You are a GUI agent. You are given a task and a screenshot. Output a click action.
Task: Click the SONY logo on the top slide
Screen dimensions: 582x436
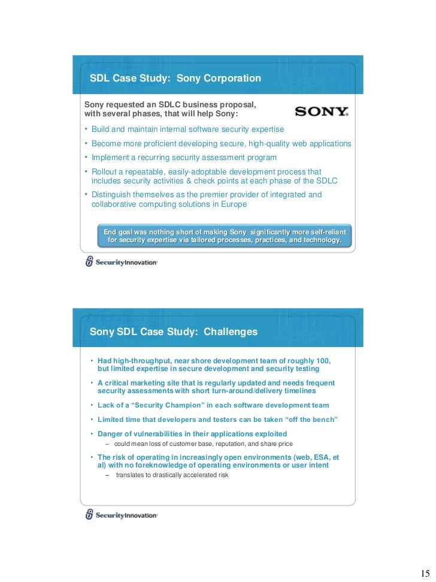pyautogui.click(x=322, y=111)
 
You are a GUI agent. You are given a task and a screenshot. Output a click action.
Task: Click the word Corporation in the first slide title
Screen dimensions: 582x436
pyautogui.click(x=231, y=78)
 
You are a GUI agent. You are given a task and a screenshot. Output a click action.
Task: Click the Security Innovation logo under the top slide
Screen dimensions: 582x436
pyautogui.click(x=122, y=262)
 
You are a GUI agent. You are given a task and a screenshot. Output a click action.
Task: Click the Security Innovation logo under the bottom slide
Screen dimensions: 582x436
pyautogui.click(x=122, y=514)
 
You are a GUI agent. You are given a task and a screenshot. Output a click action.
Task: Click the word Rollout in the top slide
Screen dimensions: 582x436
pyautogui.click(x=105, y=172)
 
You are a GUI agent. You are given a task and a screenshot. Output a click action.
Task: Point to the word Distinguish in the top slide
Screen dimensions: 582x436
pyautogui.click(x=113, y=195)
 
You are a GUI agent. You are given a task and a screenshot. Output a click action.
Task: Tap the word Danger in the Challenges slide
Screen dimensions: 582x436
pyautogui.click(x=111, y=433)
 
